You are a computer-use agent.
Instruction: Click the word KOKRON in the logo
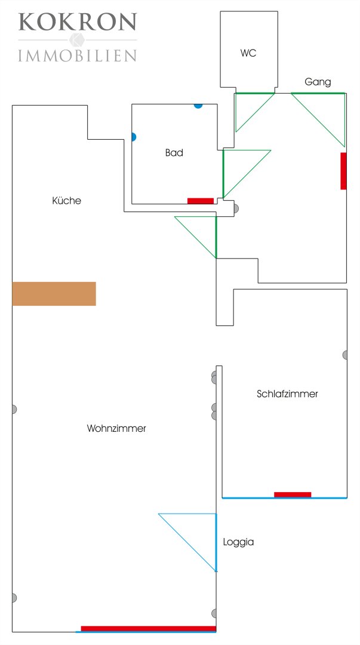78,22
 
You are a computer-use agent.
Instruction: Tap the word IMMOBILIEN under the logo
78,56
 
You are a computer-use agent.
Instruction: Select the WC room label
248,53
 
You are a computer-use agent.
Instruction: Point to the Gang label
318,82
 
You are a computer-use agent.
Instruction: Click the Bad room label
174,153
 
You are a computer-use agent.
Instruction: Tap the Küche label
67,201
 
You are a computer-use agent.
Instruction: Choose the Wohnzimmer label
116,428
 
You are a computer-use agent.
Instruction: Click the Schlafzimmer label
287,394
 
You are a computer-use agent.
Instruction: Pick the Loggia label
238,542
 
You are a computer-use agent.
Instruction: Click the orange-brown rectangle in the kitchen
54,293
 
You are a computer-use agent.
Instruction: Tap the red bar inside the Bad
201,201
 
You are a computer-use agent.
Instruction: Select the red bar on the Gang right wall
343,171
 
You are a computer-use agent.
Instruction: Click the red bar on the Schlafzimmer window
293,494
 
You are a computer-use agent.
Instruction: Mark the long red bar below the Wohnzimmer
148,628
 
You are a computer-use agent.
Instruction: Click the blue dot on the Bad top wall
198,106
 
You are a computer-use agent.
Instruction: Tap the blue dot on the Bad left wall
133,137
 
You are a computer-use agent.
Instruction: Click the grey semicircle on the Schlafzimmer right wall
345,355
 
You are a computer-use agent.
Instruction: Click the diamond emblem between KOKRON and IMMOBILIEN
76,40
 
